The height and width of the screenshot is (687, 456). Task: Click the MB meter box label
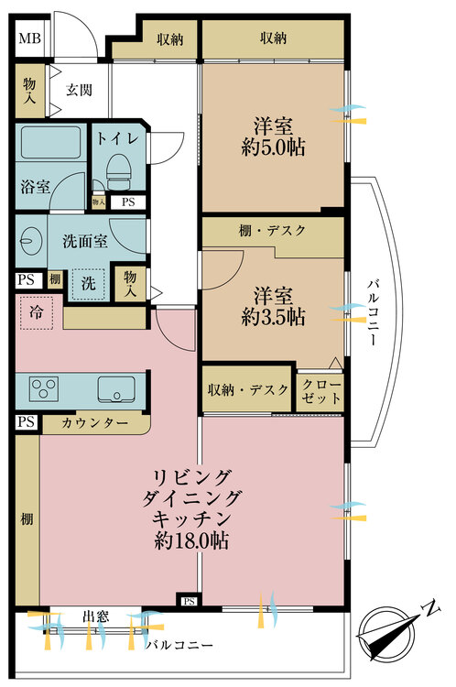[x=30, y=38]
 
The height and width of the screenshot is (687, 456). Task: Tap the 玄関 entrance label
[x=80, y=91]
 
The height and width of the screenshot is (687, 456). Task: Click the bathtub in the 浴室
[x=50, y=142]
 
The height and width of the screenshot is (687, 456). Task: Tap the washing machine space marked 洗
[x=89, y=283]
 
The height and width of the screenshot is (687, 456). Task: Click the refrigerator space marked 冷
[x=37, y=313]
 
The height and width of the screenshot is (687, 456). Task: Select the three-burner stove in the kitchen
[x=43, y=388]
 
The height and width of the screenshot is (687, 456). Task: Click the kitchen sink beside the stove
[x=116, y=389]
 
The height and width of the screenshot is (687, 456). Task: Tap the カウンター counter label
[x=94, y=423]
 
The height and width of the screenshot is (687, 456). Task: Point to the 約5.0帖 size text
[x=273, y=147]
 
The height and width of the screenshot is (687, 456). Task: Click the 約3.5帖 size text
[x=273, y=317]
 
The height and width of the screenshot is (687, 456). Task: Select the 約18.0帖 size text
[x=191, y=541]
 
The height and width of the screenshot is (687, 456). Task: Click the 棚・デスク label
[x=272, y=230]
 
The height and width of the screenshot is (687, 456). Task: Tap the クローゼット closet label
[x=321, y=392]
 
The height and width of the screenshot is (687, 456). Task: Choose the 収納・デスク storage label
[x=248, y=389]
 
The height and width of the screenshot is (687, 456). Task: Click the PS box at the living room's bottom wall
[x=189, y=602]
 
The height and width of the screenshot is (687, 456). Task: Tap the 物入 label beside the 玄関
[x=30, y=91]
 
